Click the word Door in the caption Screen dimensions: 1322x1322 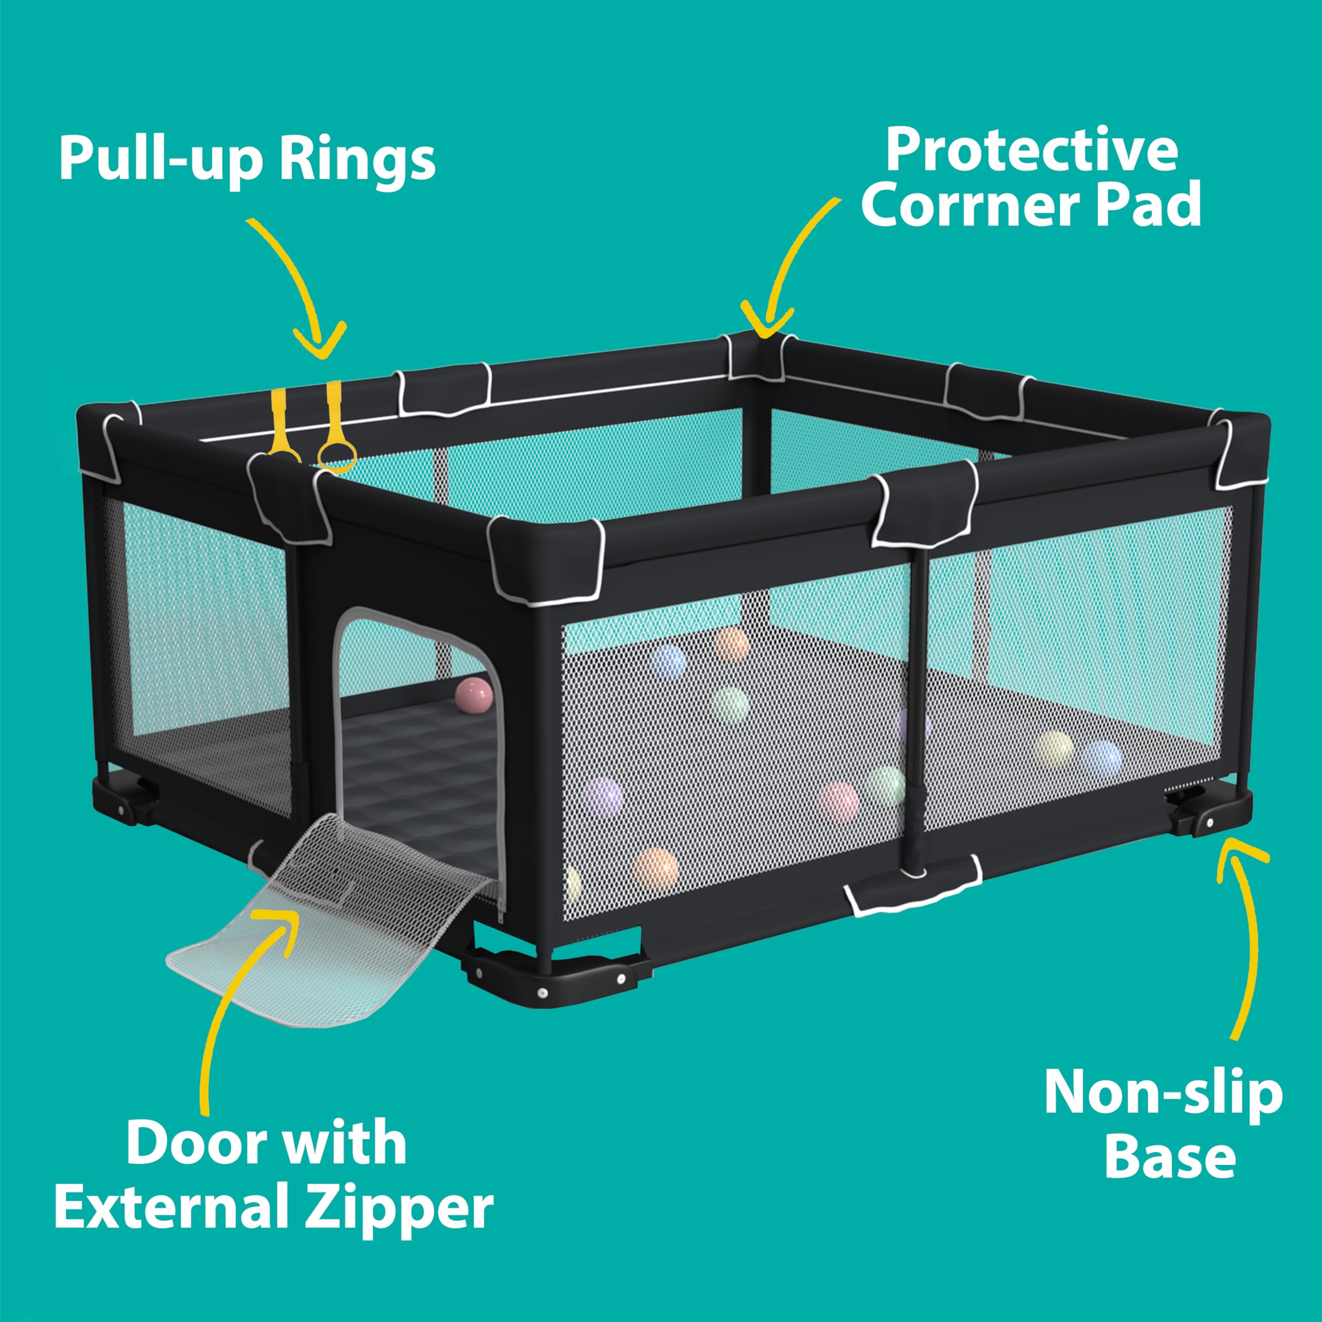(x=190, y=1143)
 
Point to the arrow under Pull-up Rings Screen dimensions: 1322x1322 (x=301, y=288)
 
